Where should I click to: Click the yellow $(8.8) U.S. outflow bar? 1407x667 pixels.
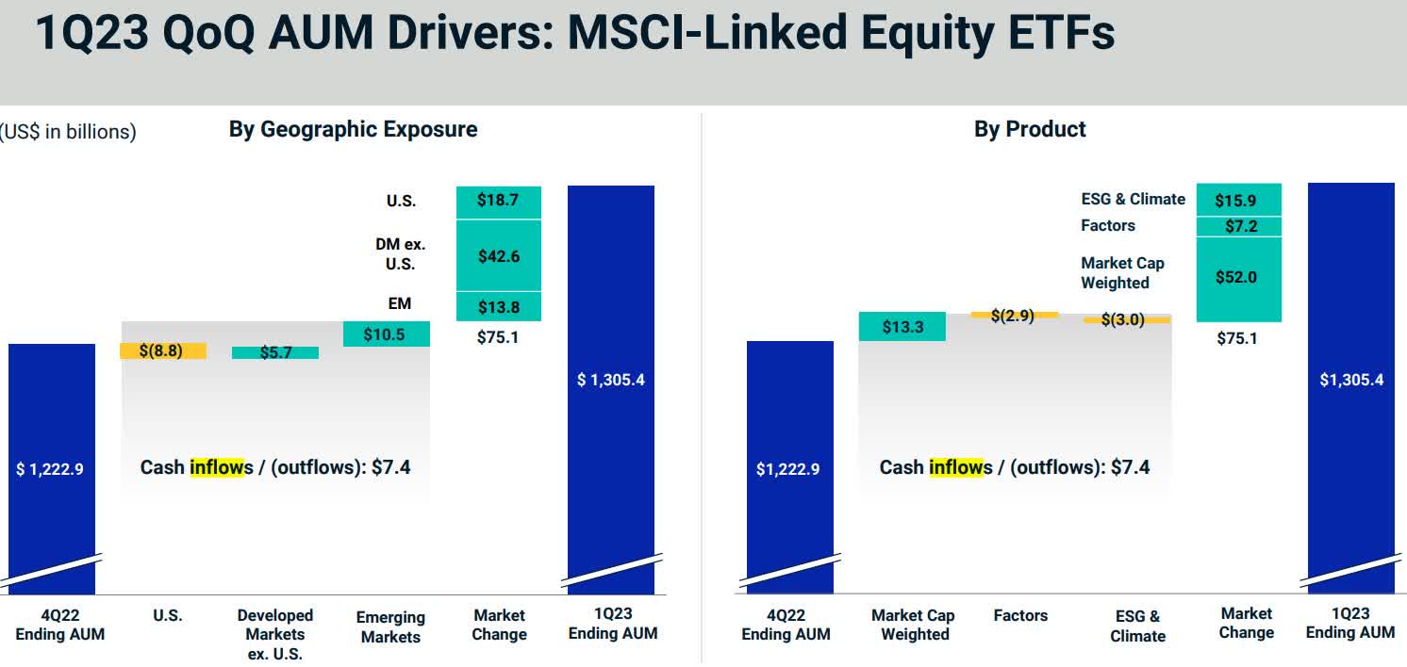point(163,351)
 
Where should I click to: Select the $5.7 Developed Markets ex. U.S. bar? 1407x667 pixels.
point(275,352)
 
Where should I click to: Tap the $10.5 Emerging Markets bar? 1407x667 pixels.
point(387,334)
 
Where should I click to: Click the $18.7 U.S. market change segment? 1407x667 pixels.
point(499,202)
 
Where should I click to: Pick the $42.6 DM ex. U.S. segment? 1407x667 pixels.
point(499,255)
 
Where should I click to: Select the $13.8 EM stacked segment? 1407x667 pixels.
point(499,306)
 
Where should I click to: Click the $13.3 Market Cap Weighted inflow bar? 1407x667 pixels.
point(902,327)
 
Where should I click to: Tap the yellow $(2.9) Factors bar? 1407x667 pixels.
point(1014,315)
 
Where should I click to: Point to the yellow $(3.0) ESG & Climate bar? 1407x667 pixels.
point(1126,319)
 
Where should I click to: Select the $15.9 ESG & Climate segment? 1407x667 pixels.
point(1238,200)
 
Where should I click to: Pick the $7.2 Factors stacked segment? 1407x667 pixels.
point(1238,226)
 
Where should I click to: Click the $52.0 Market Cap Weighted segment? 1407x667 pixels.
point(1238,278)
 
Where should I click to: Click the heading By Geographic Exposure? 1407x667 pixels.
point(353,129)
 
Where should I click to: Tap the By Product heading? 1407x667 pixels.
point(1030,129)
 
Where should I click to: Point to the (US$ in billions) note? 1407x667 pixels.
point(68,132)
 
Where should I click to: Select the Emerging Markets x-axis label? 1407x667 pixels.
point(390,626)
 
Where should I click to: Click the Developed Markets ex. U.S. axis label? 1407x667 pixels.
point(275,634)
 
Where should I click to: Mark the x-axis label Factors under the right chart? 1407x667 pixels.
point(1020,615)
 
